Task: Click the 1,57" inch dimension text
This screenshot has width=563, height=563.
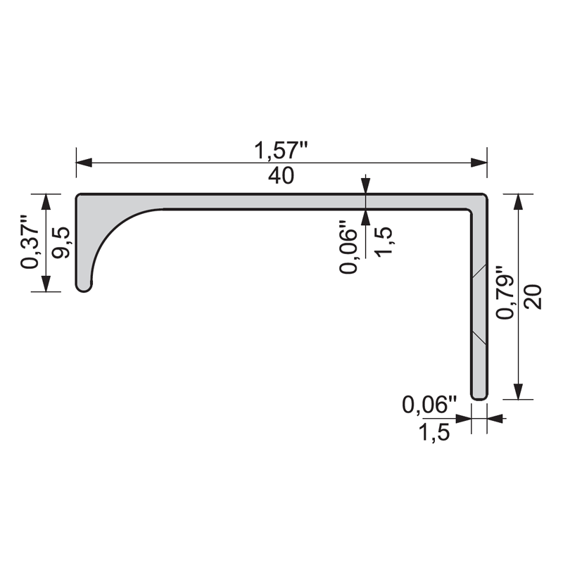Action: (281, 150)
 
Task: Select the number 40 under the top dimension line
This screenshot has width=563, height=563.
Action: (281, 175)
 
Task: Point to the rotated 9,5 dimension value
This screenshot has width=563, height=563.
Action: (61, 242)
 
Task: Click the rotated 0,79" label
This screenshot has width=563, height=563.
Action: (505, 292)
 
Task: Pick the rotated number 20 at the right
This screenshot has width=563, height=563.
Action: (533, 296)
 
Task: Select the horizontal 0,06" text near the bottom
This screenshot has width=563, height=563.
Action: (429, 405)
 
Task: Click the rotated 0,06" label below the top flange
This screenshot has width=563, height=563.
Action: (348, 247)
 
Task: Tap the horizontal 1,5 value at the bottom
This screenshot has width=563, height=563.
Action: (434, 432)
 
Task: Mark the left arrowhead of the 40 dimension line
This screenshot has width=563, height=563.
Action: (84, 163)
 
